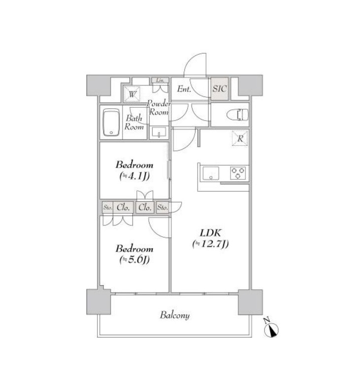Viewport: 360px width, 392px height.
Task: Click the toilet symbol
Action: pyautogui.click(x=238, y=115)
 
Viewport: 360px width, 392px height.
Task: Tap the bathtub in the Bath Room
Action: pyautogui.click(x=111, y=122)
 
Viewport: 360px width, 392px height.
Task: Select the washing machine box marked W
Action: pyautogui.click(x=132, y=94)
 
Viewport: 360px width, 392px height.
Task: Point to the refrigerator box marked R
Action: pyautogui.click(x=240, y=138)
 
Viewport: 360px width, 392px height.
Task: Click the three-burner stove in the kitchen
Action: pyautogui.click(x=238, y=173)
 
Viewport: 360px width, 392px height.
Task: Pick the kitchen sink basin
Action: pyautogui.click(x=210, y=173)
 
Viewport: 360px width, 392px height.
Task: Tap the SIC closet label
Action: pyautogui.click(x=220, y=88)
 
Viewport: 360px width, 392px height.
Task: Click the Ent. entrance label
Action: pyautogui.click(x=184, y=89)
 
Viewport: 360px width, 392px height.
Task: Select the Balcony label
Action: pyautogui.click(x=175, y=315)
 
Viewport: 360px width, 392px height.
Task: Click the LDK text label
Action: pyautogui.click(x=210, y=233)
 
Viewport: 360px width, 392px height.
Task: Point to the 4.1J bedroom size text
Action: pyautogui.click(x=134, y=176)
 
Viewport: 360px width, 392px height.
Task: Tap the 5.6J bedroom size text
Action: pyautogui.click(x=134, y=260)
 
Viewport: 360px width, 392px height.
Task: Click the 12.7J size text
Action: pyautogui.click(x=210, y=244)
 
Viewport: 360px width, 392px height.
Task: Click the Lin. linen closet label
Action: pyautogui.click(x=160, y=80)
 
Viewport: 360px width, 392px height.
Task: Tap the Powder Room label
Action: pyautogui.click(x=159, y=108)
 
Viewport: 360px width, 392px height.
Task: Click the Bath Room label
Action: pyautogui.click(x=134, y=122)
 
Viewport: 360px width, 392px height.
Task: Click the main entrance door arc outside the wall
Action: pyautogui.click(x=192, y=60)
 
